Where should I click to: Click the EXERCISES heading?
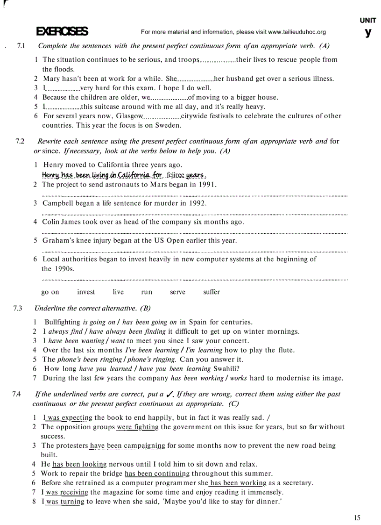[x=62, y=32]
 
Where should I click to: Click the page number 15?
[x=357, y=518]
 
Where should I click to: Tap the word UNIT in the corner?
[x=368, y=21]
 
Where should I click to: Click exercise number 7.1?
[x=21, y=46]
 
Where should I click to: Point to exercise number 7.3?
[x=18, y=308]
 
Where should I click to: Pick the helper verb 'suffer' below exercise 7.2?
[x=212, y=292]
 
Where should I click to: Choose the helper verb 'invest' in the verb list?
[x=86, y=292]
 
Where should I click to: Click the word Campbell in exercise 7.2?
[x=58, y=203]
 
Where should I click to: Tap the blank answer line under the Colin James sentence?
[x=194, y=232]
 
